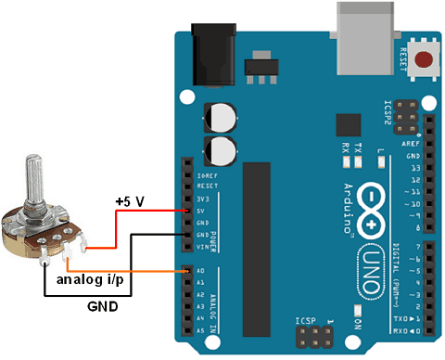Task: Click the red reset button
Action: (x=425, y=62)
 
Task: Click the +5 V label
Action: (x=129, y=200)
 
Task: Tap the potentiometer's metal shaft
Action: (x=36, y=182)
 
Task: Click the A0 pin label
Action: (x=200, y=271)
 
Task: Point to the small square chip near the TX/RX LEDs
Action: (x=349, y=125)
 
